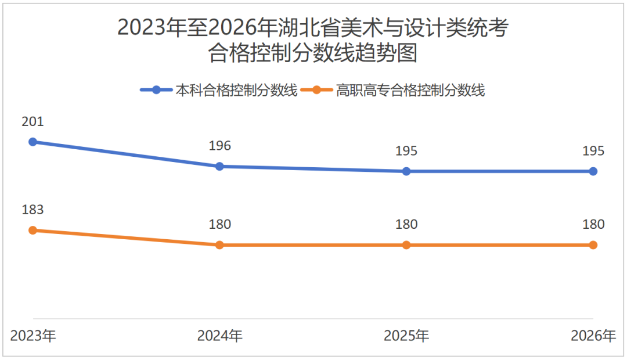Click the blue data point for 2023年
tap(33, 142)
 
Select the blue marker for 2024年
tap(219, 166)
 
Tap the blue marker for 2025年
tap(406, 171)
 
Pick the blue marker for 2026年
tap(593, 171)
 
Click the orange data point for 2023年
tap(33, 230)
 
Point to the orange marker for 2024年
tap(219, 245)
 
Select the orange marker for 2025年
tap(406, 245)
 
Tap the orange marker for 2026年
tap(593, 245)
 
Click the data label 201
tap(33, 122)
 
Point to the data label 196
tap(219, 146)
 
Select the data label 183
tap(33, 210)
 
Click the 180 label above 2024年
tap(219, 225)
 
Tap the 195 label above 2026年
tap(593, 151)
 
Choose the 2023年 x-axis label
tap(33, 336)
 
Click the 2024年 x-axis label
tap(219, 336)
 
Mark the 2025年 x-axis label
tap(406, 336)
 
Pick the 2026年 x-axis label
tap(593, 336)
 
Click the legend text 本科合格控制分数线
tap(236, 90)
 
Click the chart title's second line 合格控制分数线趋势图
tap(313, 54)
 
